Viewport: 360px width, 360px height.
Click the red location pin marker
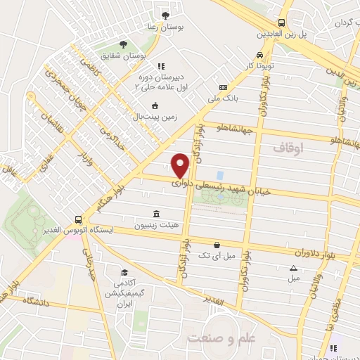(x=181, y=165)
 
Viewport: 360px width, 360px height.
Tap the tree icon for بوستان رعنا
(x=166, y=15)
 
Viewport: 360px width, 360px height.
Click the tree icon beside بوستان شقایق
(x=124, y=44)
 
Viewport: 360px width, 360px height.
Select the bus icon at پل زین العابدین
(x=281, y=22)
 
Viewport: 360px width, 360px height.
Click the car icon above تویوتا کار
(x=260, y=55)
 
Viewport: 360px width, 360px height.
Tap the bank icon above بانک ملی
(x=224, y=88)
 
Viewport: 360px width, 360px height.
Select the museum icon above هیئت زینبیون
(x=155, y=214)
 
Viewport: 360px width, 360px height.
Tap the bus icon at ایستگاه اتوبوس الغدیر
(x=79, y=219)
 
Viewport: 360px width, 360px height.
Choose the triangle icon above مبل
(x=293, y=267)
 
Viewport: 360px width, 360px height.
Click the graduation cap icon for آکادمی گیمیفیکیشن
(x=124, y=273)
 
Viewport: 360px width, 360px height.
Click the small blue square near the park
(x=219, y=174)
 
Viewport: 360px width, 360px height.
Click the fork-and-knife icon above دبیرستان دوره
(x=160, y=66)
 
